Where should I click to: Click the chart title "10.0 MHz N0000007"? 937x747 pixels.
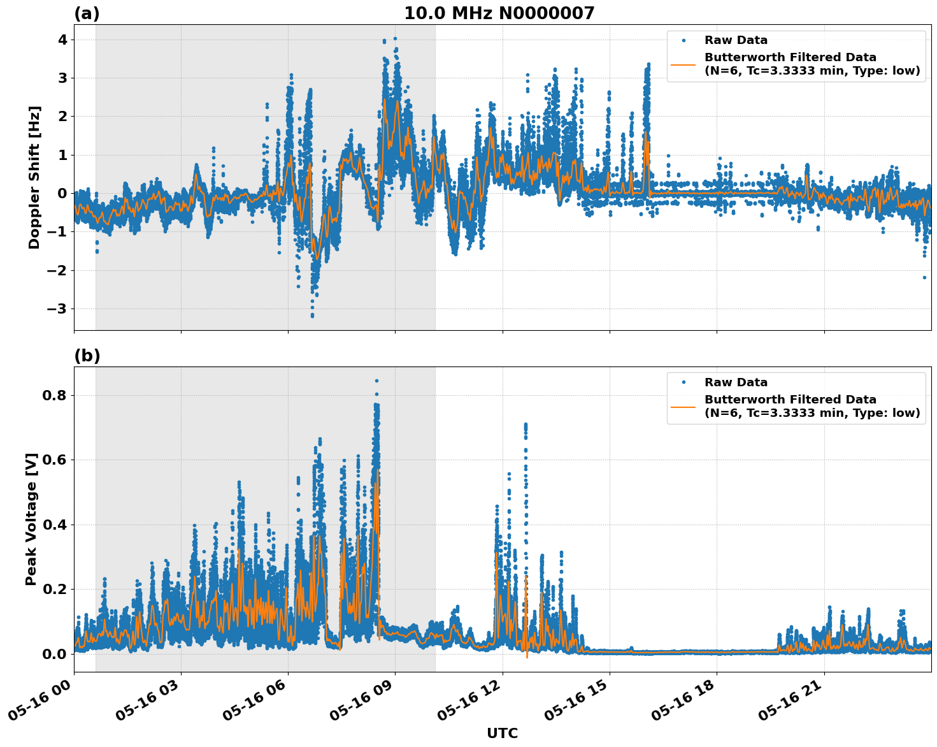(499, 13)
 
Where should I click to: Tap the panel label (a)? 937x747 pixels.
(87, 13)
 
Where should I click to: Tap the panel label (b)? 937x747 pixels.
(87, 356)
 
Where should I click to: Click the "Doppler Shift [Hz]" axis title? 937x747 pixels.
(34, 177)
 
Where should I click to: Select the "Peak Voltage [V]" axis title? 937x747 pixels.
(31, 519)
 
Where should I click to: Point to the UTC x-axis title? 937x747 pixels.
(502, 733)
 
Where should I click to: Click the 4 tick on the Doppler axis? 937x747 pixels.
(63, 40)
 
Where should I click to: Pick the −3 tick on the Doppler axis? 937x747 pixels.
(59, 308)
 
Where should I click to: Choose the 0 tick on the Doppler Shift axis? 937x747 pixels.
(63, 193)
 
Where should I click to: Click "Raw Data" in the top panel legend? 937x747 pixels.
(736, 40)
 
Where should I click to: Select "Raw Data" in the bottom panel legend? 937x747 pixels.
(736, 382)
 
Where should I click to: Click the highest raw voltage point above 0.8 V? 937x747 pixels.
(376, 381)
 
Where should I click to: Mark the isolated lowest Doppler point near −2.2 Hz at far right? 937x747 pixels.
(924, 277)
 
